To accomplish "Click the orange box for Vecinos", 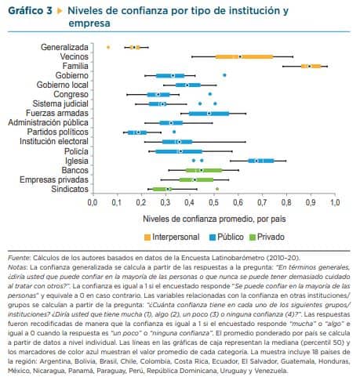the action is [x=244, y=56].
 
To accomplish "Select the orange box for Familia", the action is [x=311, y=66].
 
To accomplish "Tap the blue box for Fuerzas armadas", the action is [x=209, y=114].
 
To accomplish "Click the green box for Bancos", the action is [x=204, y=170].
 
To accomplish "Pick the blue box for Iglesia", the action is [x=261, y=161].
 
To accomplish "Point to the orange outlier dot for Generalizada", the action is [x=108, y=47].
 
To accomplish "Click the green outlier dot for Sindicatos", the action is [x=217, y=189].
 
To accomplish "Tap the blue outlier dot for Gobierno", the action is [x=224, y=75].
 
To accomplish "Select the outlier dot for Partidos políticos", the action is [x=174, y=132].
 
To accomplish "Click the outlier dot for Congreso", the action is [x=210, y=94].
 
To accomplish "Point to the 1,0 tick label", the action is [x=334, y=203].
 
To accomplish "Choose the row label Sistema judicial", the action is [x=60, y=103].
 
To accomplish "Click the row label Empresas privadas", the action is [x=54, y=179].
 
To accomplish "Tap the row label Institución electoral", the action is [x=54, y=141].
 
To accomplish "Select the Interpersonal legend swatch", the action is [x=147, y=237].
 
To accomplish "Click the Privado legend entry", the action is [x=267, y=237].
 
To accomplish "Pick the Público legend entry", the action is [x=227, y=237].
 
